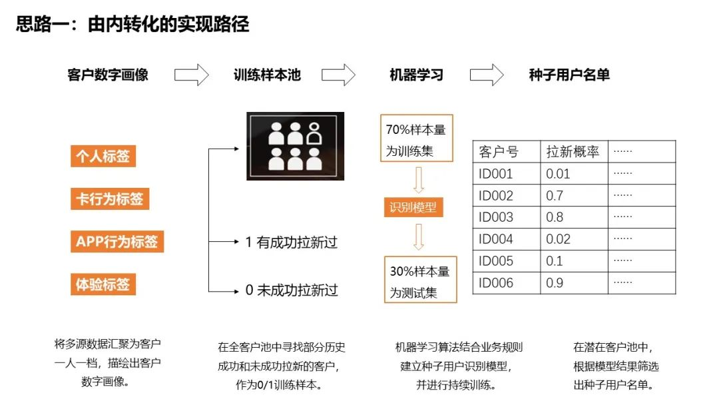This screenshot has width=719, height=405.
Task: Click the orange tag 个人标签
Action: click(103, 157)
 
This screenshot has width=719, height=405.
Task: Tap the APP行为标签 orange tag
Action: click(117, 241)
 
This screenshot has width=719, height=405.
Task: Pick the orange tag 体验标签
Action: click(103, 284)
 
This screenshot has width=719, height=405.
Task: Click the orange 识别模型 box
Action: click(413, 207)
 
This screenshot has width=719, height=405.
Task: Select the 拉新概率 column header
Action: click(573, 152)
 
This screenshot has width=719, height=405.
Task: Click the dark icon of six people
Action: click(296, 147)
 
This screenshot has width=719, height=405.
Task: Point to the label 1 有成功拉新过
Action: click(291, 242)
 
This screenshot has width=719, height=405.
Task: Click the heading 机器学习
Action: click(416, 75)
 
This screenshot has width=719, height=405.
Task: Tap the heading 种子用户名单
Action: click(569, 75)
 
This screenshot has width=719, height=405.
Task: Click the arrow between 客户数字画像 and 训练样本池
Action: click(192, 75)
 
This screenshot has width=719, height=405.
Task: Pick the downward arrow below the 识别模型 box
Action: click(419, 236)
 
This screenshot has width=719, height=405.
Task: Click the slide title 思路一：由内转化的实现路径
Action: click(132, 25)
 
